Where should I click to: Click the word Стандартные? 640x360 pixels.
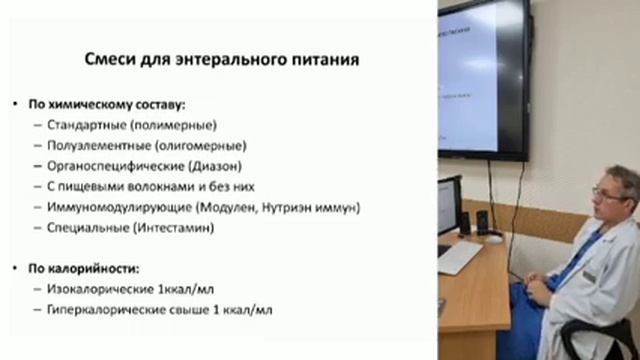pos(87,125)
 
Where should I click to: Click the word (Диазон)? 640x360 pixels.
pos(215,166)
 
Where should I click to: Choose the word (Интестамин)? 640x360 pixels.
pos(174,227)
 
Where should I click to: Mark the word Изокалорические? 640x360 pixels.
pos(100,289)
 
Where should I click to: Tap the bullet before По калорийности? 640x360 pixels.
pos(15,268)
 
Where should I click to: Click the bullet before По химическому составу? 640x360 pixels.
pos(15,104)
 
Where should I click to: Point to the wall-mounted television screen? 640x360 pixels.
pos(484,80)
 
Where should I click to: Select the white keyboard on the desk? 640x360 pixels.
pos(460,256)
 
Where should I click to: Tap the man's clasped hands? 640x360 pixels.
pos(538,287)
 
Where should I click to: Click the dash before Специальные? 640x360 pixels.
pos(38,228)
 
